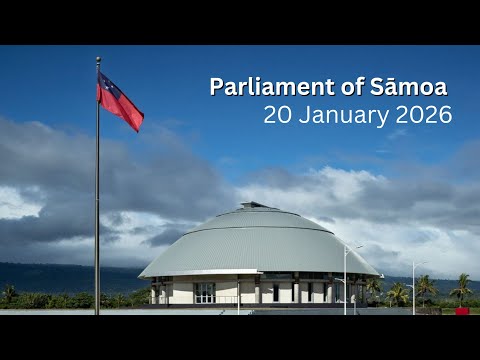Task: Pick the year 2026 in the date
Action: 424,115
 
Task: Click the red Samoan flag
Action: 119,101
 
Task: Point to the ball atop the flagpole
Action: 98,59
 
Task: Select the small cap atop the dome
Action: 258,205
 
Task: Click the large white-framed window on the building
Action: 204,292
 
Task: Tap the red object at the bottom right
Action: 462,311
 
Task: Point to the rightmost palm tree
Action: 461,288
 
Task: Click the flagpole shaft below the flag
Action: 97,220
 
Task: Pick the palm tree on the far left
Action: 9,293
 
